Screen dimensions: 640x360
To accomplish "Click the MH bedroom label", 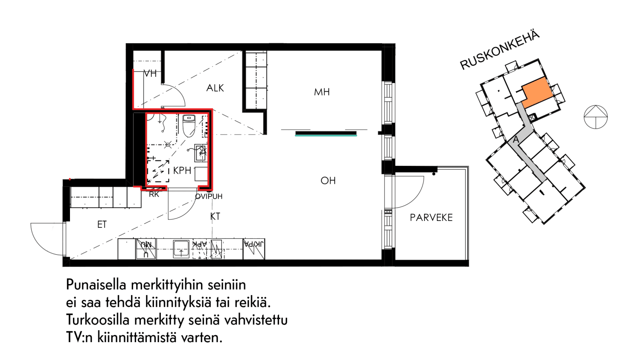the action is [322, 92].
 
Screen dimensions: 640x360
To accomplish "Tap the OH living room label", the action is [328, 181].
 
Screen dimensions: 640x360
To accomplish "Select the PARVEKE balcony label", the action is [431, 218].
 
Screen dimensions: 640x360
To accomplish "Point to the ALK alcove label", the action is [215, 88].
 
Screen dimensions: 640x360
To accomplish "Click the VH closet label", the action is [150, 74].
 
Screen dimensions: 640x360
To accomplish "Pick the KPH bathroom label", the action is [182, 171].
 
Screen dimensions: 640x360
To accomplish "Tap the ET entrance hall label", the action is [102, 225].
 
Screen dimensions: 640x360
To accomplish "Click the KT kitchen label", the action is [215, 217].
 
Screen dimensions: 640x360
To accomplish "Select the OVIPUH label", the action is [209, 197].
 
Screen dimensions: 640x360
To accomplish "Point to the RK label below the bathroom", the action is [154, 195].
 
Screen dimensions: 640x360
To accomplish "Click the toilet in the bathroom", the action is [189, 125].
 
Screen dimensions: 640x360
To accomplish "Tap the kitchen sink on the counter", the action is [181, 249].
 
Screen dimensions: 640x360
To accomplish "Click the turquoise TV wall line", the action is [326, 135].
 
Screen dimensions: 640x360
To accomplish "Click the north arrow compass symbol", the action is [596, 117].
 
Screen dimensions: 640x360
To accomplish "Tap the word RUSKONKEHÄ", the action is [500, 50].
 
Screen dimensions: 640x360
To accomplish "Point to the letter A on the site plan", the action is [516, 139].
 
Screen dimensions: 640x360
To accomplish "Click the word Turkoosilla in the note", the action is [98, 320].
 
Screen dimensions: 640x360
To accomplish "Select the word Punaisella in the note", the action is [96, 285].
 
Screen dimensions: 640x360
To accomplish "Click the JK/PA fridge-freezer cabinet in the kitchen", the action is [254, 249].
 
